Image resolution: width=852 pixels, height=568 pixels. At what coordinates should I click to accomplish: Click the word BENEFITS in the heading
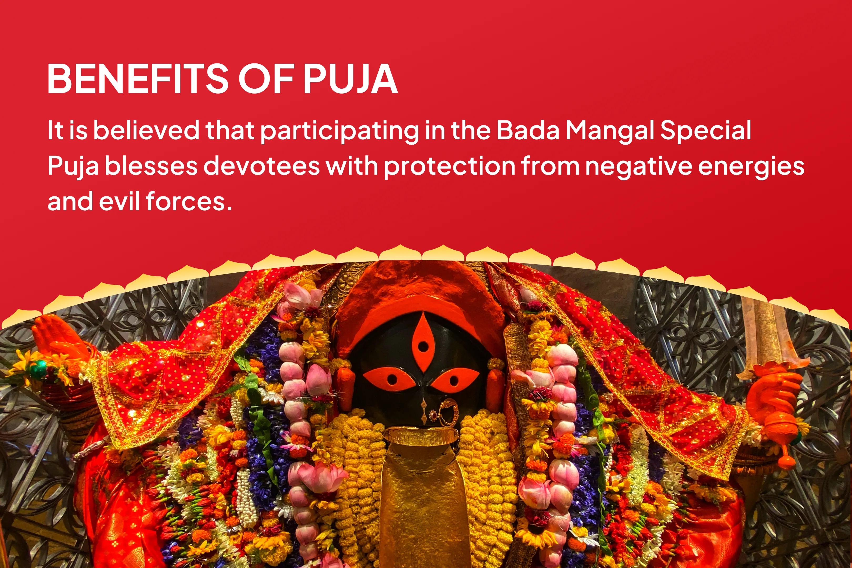(138, 79)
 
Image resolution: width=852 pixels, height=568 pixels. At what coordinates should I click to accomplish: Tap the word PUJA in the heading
(350, 79)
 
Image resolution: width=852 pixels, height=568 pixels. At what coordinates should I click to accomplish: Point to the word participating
(339, 131)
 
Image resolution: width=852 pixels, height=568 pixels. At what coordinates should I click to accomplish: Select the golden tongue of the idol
(421, 500)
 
